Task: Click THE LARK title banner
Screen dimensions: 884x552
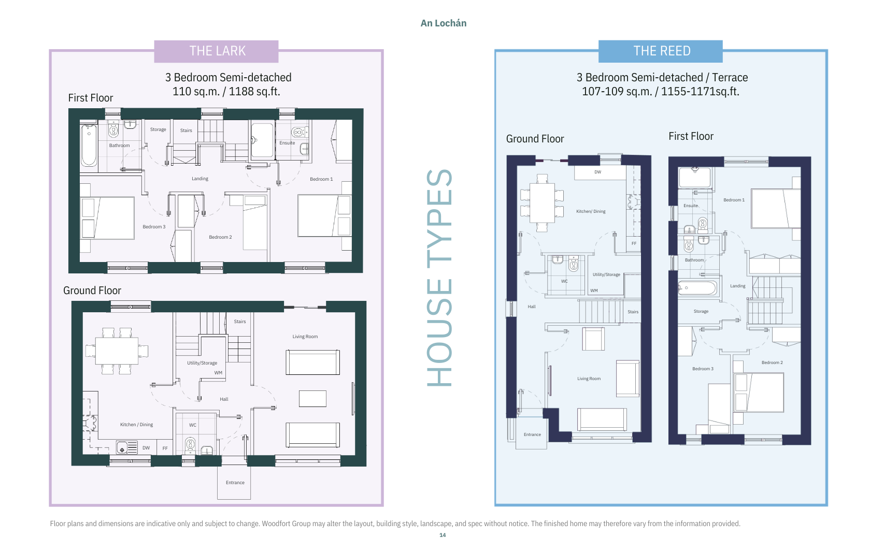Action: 216,51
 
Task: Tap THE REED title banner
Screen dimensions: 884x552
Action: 661,51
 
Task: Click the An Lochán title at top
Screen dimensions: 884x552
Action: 443,23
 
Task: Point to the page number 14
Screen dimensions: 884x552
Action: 443,535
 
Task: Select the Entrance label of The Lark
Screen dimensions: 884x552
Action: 235,483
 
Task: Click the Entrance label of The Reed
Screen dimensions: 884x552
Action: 532,434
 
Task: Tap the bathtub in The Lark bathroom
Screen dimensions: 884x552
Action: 89,146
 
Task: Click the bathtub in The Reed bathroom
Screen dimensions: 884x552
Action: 697,288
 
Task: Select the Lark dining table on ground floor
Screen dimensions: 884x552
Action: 117,351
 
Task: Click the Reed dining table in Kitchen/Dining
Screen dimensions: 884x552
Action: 542,203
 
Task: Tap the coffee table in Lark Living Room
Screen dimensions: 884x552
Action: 312,399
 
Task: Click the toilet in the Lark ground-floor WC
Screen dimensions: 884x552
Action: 190,445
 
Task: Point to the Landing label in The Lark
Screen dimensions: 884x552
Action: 200,179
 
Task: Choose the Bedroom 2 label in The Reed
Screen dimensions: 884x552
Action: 772,362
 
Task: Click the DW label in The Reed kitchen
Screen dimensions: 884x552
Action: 598,172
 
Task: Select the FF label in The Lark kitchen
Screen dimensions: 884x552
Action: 165,448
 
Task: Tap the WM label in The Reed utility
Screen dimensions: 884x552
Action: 594,290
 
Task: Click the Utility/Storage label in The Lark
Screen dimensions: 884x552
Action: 202,363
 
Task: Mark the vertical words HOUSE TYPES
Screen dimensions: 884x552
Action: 439,278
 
